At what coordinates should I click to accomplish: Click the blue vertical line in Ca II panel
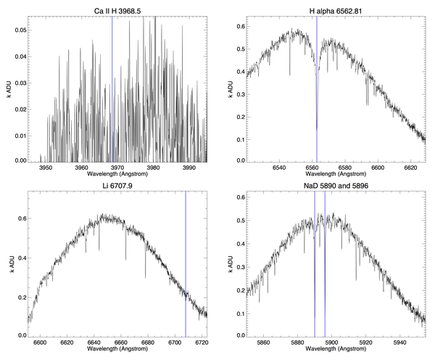coord(112,87)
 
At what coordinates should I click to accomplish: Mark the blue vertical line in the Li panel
coord(186,261)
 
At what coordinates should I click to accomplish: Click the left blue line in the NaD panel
coord(315,261)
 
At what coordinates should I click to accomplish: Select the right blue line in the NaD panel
coord(325,261)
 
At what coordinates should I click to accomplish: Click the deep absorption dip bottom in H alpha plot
coord(316,129)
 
